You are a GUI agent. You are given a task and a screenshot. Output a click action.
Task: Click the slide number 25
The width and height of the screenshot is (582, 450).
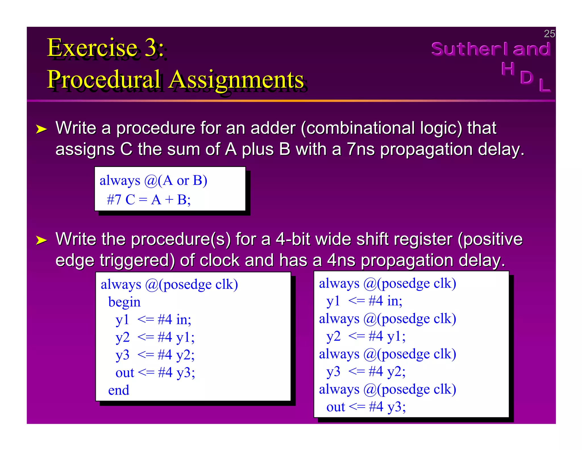pyautogui.click(x=549, y=34)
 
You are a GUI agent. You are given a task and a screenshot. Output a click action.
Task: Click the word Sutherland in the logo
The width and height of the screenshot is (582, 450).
pyautogui.click(x=491, y=49)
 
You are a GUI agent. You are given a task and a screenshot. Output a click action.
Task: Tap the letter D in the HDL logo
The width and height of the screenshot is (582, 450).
pyautogui.click(x=527, y=77)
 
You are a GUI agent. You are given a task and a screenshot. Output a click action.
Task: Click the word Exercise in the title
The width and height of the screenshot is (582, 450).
pyautogui.click(x=92, y=48)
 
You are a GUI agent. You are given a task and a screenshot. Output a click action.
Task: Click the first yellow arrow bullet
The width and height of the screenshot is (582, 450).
pyautogui.click(x=41, y=129)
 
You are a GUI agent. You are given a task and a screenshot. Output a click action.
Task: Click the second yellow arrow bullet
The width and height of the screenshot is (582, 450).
pyautogui.click(x=41, y=240)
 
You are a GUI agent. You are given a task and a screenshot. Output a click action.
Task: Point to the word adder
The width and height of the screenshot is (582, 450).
pyautogui.click(x=273, y=128)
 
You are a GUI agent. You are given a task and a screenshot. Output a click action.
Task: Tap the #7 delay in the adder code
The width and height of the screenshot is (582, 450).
pyautogui.click(x=114, y=200)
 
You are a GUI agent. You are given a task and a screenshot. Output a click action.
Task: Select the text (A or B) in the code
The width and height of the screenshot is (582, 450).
pyautogui.click(x=182, y=180)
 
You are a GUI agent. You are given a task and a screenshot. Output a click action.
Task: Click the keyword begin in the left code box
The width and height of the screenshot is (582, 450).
pyautogui.click(x=124, y=302)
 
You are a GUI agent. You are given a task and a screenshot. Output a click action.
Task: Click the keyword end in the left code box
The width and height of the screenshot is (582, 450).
pyautogui.click(x=119, y=390)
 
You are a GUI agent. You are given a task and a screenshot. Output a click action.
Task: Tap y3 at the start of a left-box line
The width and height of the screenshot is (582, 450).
pyautogui.click(x=122, y=355)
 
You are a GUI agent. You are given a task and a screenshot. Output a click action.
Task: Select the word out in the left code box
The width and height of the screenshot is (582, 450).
pyautogui.click(x=125, y=373)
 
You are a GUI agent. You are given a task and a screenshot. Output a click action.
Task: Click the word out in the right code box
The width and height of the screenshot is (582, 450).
pyautogui.click(x=336, y=407)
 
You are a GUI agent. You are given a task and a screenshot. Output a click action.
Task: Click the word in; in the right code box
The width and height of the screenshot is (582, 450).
pyautogui.click(x=395, y=301)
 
